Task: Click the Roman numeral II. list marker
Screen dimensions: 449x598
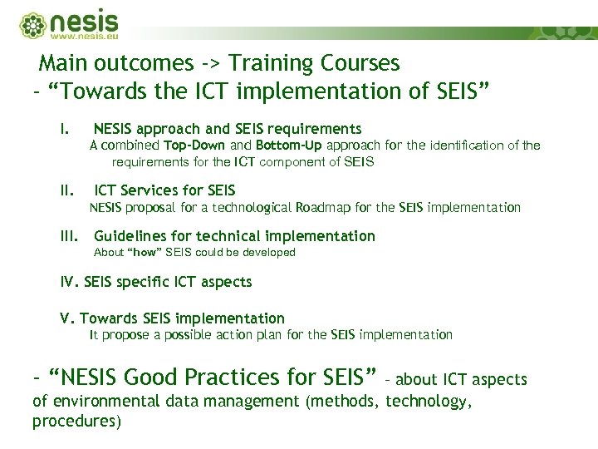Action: pyautogui.click(x=68, y=190)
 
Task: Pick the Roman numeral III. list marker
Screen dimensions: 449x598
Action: pyautogui.click(x=71, y=236)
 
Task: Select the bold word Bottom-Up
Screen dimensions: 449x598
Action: pyautogui.click(x=287, y=146)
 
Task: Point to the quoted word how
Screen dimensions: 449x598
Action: pyautogui.click(x=146, y=252)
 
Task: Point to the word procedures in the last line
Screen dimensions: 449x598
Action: pyautogui.click(x=76, y=422)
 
